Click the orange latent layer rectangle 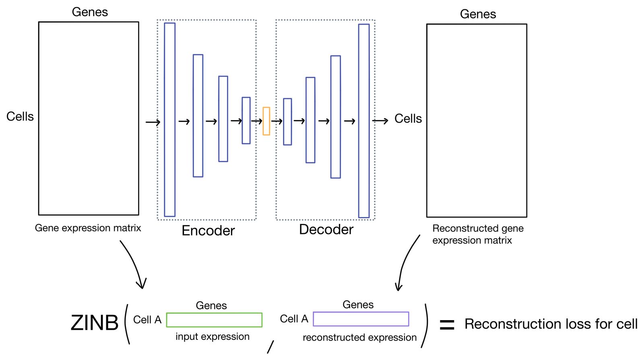click(266, 121)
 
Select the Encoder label click(208, 231)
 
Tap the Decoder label click(326, 230)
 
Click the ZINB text click(95, 323)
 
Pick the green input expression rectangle click(214, 320)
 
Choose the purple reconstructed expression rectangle click(361, 319)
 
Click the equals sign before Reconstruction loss click(447, 325)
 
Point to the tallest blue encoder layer click(169, 120)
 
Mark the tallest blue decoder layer click(364, 121)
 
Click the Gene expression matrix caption click(88, 228)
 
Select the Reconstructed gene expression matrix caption click(477, 234)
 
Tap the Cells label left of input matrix click(20, 117)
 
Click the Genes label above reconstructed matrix click(478, 14)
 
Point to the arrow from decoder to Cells click(380, 120)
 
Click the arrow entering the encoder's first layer click(153, 122)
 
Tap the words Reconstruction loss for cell click(551, 324)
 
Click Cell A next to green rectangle click(147, 320)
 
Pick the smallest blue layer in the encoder click(246, 120)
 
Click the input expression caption click(213, 337)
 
